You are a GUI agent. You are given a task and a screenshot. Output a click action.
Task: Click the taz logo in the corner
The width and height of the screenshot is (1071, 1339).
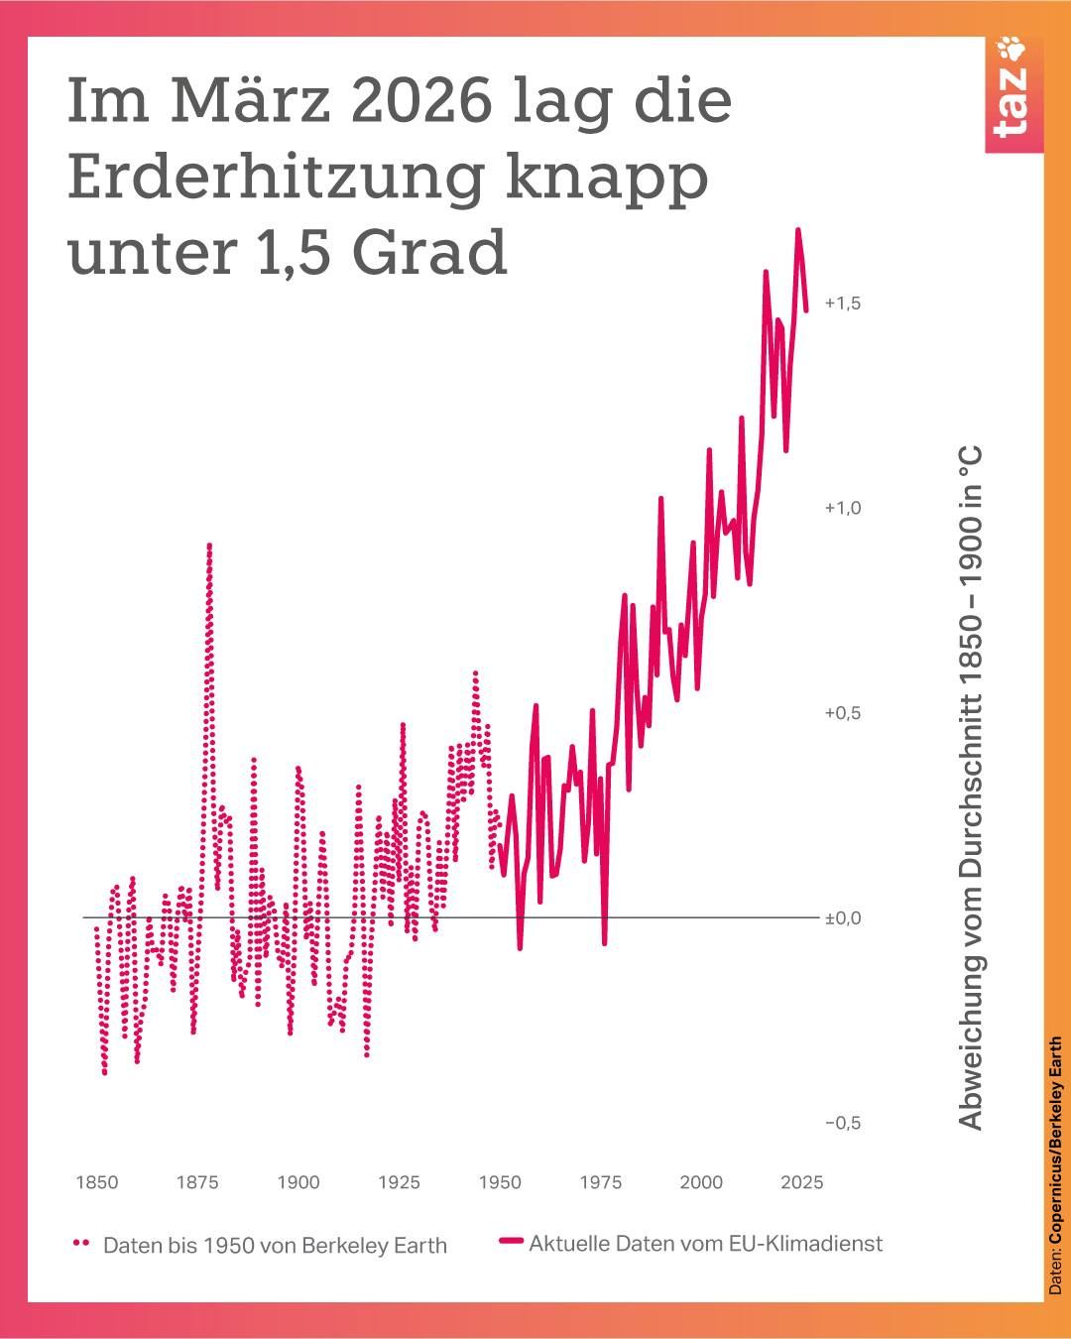pyautogui.click(x=1012, y=95)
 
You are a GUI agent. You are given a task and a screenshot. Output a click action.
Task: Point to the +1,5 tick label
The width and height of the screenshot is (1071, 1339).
pyautogui.click(x=842, y=304)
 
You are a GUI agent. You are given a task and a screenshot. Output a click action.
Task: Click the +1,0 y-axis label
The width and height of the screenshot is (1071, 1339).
pyautogui.click(x=842, y=508)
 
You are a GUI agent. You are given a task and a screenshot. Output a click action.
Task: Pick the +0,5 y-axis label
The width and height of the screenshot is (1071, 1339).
pyautogui.click(x=842, y=713)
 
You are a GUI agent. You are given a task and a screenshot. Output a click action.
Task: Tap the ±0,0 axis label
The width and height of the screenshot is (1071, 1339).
pyautogui.click(x=842, y=918)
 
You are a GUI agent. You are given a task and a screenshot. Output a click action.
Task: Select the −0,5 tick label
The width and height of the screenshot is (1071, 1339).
pyautogui.click(x=842, y=1123)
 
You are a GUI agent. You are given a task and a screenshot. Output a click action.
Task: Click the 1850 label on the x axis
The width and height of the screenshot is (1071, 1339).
pyautogui.click(x=97, y=1182)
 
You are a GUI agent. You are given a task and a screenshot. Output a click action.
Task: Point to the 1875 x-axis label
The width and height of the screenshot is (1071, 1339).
pyautogui.click(x=197, y=1182)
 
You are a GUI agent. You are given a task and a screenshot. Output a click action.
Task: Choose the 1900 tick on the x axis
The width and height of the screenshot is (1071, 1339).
pyautogui.click(x=298, y=1182)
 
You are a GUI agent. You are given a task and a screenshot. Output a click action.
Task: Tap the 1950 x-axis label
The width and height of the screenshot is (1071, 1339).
pyautogui.click(x=500, y=1182)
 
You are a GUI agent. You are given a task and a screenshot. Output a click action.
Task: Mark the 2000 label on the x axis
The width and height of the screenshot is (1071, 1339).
pyautogui.click(x=701, y=1182)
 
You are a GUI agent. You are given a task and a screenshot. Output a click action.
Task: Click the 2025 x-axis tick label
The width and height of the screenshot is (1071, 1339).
pyautogui.click(x=801, y=1182)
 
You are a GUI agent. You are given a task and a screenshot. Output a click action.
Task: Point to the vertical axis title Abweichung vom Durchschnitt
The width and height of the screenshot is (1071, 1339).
pyautogui.click(x=971, y=789)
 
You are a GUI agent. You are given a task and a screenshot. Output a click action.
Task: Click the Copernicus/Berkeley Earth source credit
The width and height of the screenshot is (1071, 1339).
pyautogui.click(x=1055, y=1165)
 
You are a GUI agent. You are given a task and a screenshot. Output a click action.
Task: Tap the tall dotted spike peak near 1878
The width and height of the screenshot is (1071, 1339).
pyautogui.click(x=209, y=546)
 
